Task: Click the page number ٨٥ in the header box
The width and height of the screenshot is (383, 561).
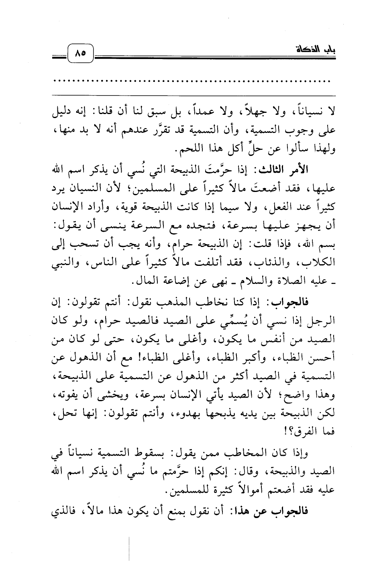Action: (x=81, y=52)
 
